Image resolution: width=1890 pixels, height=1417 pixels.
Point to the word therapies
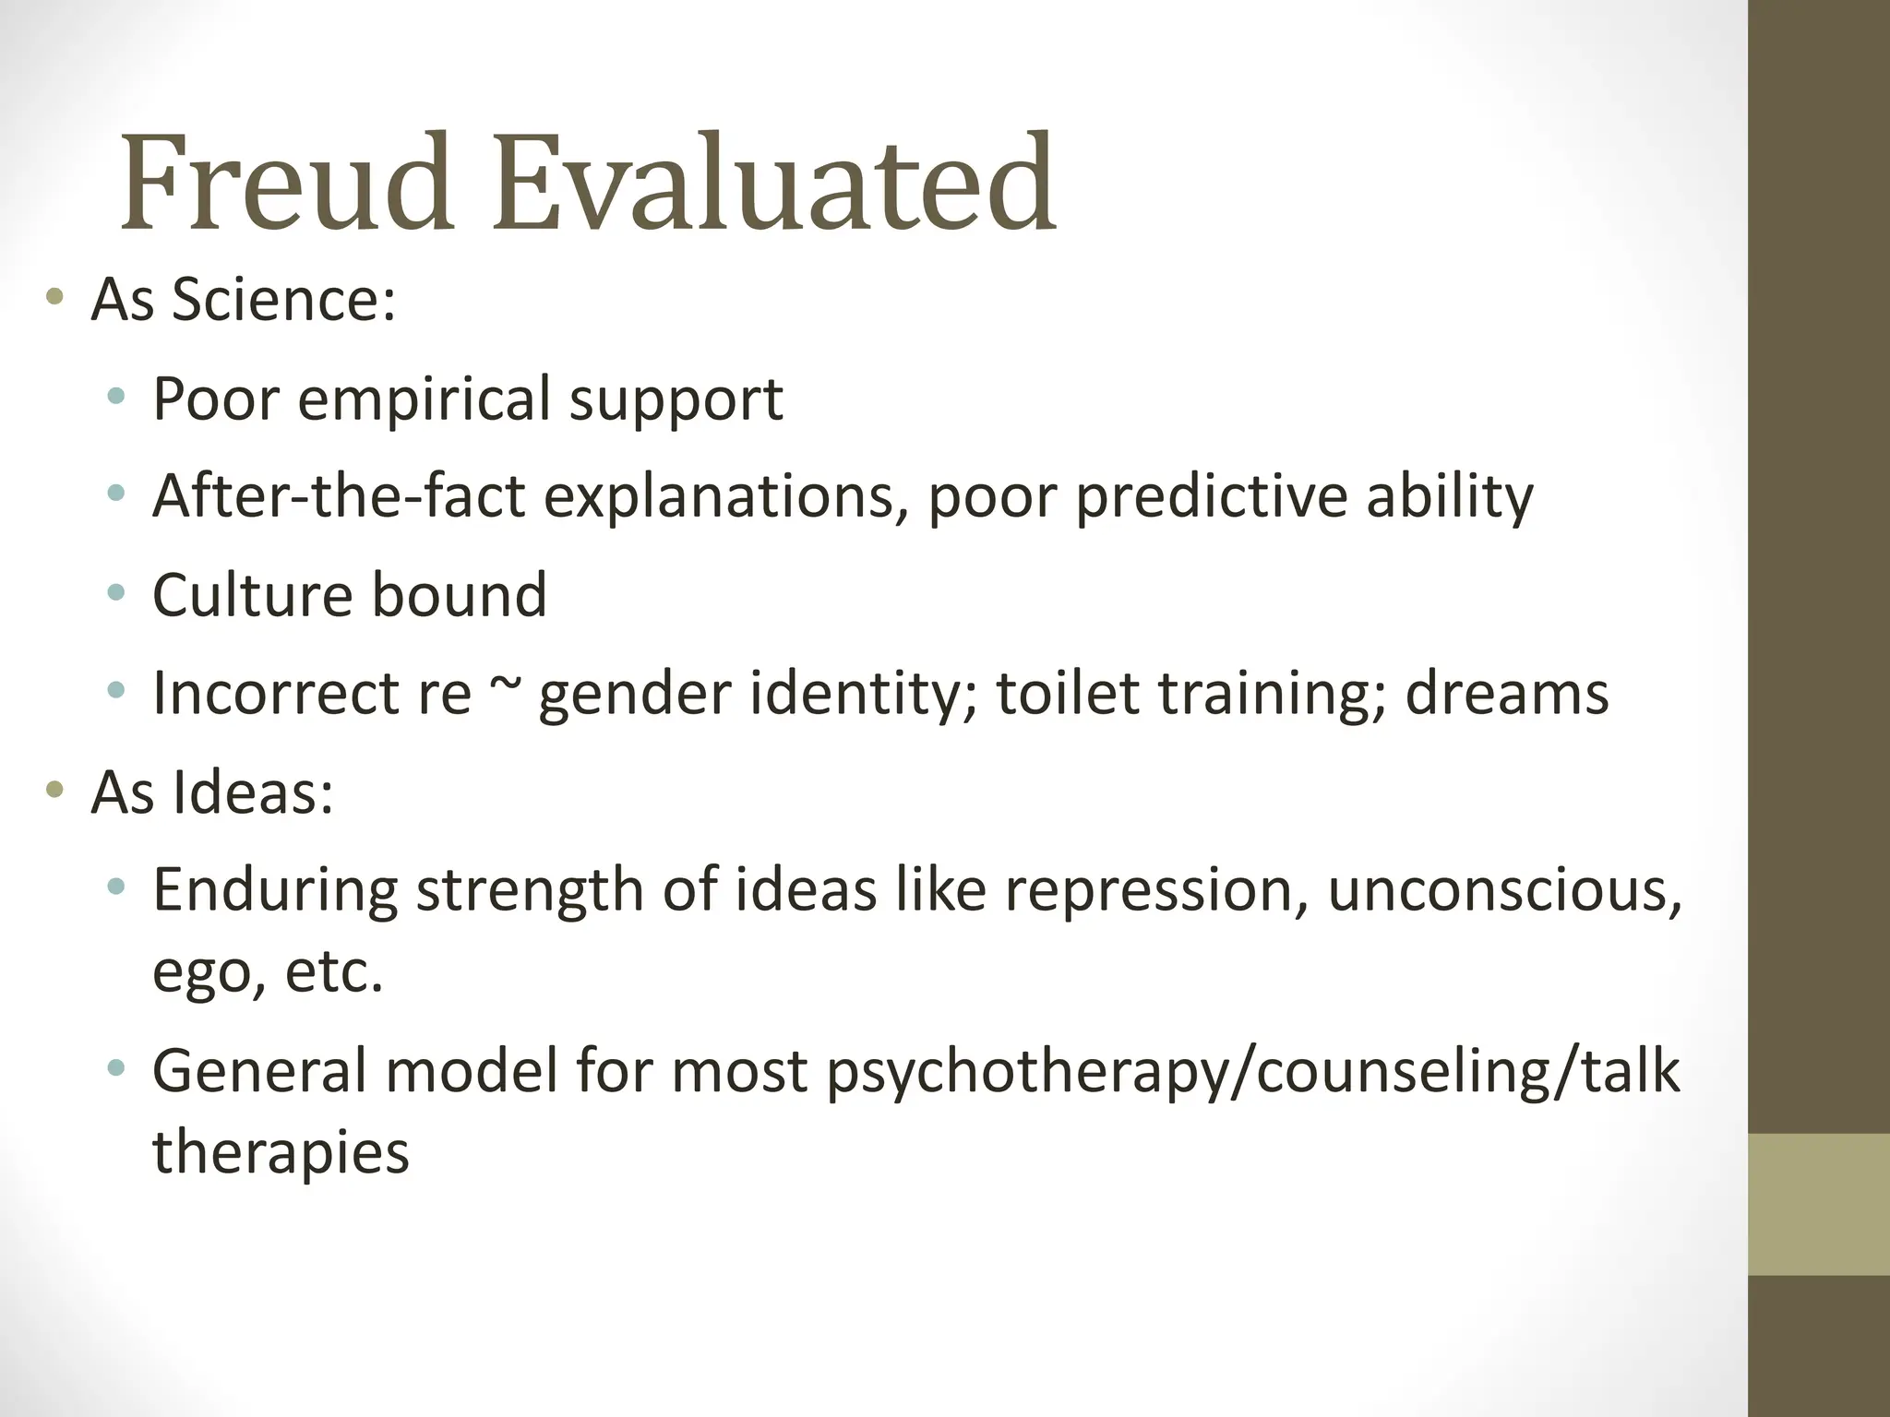coord(281,1153)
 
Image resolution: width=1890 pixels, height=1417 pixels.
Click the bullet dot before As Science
coord(55,297)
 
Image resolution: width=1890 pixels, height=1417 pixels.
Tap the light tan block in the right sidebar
coord(1819,1204)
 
